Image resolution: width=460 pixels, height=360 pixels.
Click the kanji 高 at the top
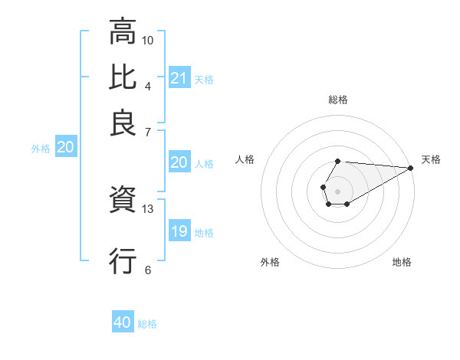(x=123, y=32)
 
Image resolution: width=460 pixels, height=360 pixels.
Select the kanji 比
(x=123, y=77)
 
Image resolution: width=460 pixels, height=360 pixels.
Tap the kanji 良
(x=123, y=123)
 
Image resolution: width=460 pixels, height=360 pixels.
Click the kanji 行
(x=123, y=260)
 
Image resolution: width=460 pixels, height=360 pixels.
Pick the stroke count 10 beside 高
(x=148, y=39)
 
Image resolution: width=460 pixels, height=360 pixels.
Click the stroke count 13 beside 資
(x=148, y=208)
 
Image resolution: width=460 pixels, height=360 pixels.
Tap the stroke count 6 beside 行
(x=148, y=269)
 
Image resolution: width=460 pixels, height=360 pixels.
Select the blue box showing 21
(x=179, y=77)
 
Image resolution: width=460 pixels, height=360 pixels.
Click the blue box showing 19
(x=179, y=231)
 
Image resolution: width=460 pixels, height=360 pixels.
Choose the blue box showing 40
(x=123, y=322)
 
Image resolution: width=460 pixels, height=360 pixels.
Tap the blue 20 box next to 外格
(x=65, y=148)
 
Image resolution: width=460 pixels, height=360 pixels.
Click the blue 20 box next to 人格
(x=179, y=162)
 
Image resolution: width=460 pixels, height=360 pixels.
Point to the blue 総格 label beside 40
(x=147, y=324)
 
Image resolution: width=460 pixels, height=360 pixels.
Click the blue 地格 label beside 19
(x=204, y=233)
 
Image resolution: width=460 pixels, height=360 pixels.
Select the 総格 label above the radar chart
(x=338, y=100)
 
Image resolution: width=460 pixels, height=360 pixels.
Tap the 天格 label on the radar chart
(x=432, y=159)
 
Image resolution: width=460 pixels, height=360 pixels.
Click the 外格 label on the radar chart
(x=270, y=262)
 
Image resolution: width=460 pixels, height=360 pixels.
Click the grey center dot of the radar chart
(x=337, y=190)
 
